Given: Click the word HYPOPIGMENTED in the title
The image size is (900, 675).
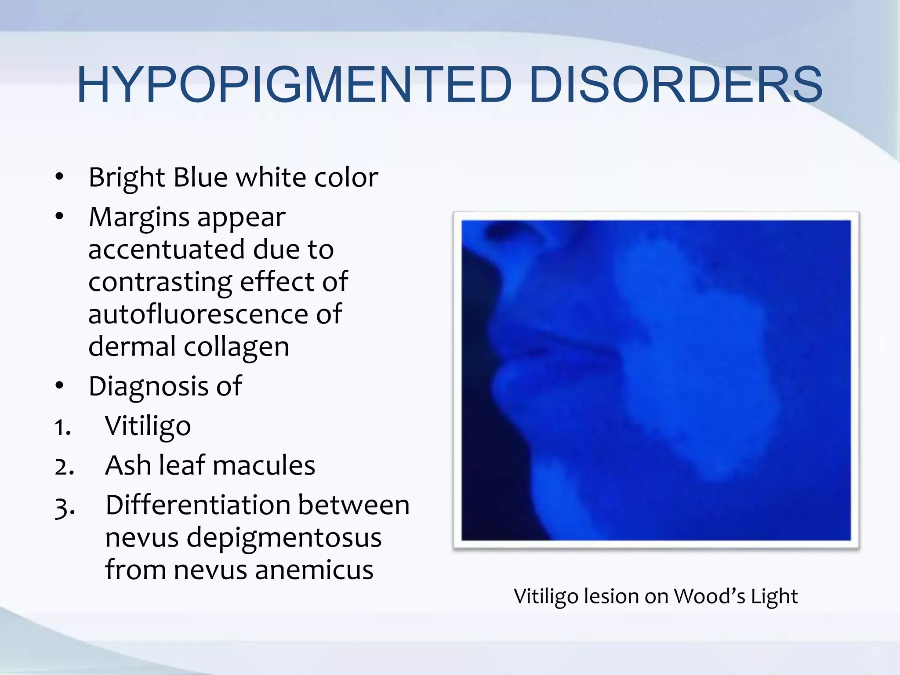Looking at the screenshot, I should click(294, 84).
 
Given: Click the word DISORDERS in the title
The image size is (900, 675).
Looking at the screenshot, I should click(675, 84).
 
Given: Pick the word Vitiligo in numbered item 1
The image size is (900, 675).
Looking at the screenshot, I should click(148, 426).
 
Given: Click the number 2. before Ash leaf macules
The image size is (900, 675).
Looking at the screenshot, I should click(64, 467).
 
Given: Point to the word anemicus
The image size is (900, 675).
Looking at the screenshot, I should click(314, 570).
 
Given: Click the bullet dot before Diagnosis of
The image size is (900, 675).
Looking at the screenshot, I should click(60, 386).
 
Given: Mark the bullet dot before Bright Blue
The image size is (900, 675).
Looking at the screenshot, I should click(60, 178).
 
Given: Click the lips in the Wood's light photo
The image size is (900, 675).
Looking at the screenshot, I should click(554, 347).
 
